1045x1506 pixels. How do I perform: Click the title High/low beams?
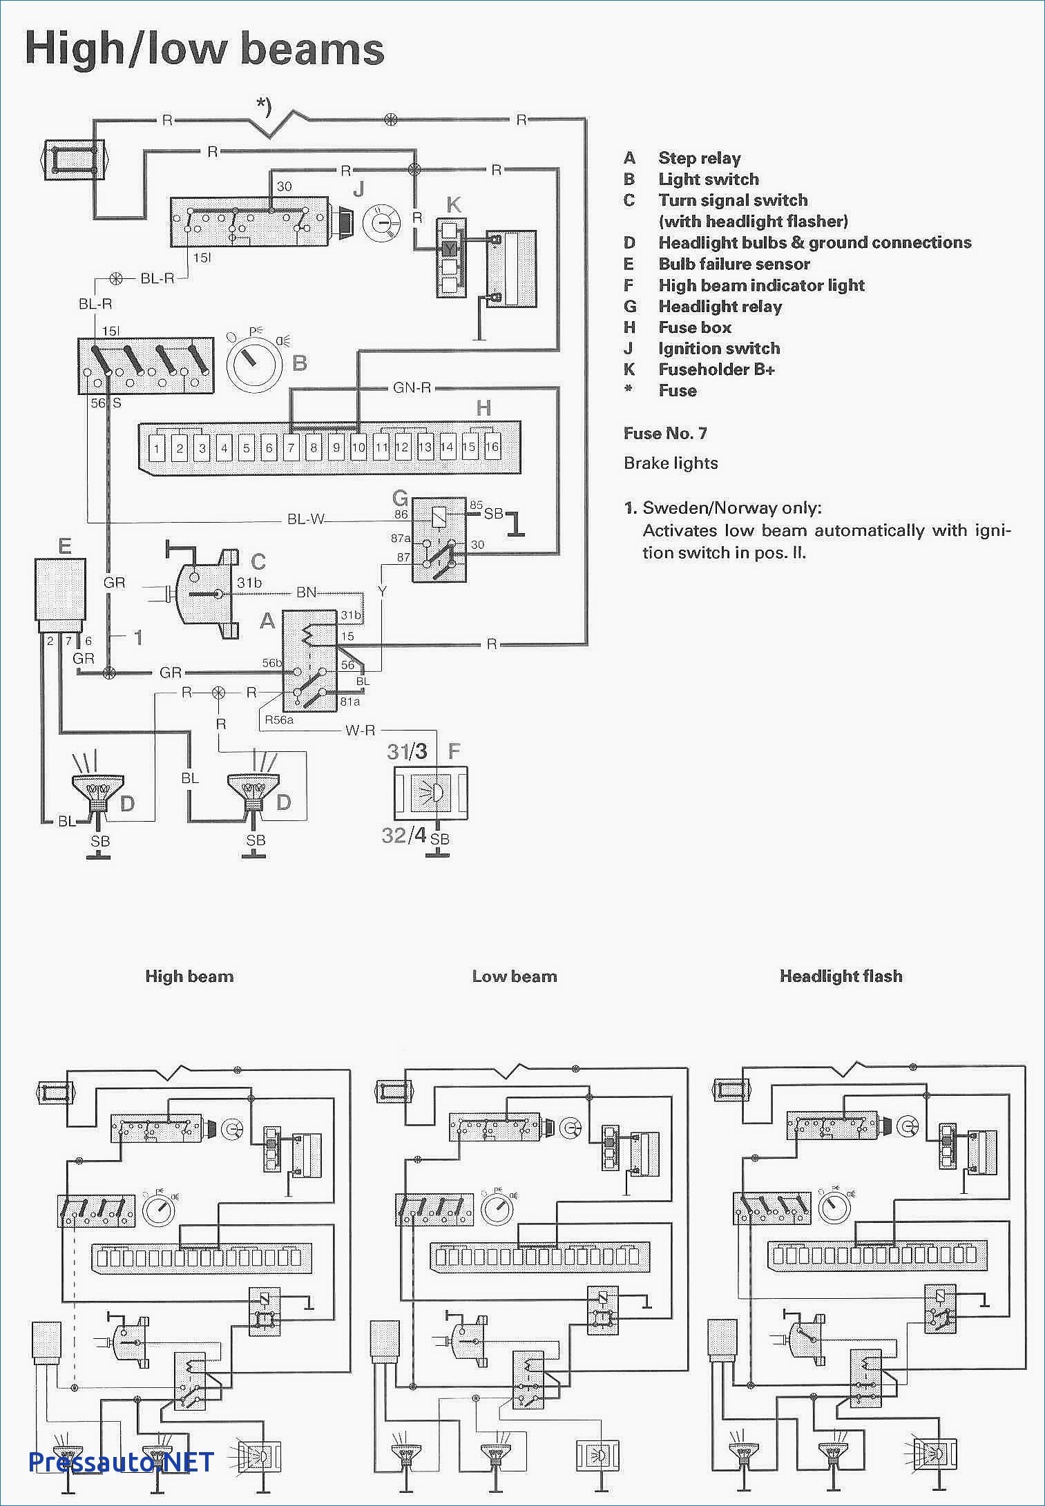[204, 50]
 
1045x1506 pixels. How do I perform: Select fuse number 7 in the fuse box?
[291, 448]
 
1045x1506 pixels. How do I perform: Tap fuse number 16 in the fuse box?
[492, 447]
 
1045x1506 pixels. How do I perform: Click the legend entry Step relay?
[700, 159]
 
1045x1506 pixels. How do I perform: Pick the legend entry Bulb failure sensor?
[734, 264]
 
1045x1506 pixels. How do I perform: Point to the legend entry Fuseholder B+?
[717, 369]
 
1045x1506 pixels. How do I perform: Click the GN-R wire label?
[412, 388]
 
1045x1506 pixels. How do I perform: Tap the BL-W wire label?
[306, 519]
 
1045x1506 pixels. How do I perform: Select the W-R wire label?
[361, 730]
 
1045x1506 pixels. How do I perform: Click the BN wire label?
[306, 592]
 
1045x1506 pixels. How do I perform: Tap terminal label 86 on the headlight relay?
[401, 514]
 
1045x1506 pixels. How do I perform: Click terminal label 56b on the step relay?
[272, 663]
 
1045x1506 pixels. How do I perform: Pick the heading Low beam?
[515, 976]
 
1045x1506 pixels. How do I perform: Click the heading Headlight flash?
[841, 976]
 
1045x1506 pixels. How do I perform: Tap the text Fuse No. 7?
[665, 434]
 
